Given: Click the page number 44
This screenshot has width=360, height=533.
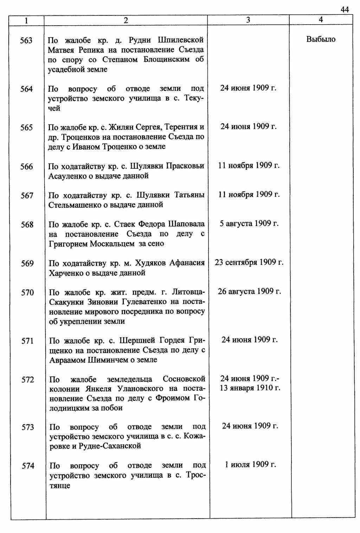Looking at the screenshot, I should pos(345,10).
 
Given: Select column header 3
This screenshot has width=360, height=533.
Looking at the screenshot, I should pos(248,20).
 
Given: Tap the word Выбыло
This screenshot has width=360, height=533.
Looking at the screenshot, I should pos(321,39).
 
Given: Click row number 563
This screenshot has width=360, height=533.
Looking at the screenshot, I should pos(26,41).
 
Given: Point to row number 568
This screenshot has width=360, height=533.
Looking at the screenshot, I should pos(27,225).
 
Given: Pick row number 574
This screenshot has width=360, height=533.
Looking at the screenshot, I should pos(28,466).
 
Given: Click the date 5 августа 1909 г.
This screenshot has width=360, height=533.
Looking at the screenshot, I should pos(249,224).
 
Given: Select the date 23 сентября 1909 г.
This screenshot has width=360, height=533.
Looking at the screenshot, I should pos(249,263).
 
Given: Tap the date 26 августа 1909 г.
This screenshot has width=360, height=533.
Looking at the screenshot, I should pos(249,291).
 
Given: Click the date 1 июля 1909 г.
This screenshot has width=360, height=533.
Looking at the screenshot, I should pos(250,465).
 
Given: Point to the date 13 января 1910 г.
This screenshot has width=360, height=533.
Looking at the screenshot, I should pos(250,388).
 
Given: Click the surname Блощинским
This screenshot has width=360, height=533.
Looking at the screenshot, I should pos(167,59).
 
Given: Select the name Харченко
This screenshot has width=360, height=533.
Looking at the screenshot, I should pos(66,273).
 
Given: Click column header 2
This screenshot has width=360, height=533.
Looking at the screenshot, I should pos(126,20).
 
